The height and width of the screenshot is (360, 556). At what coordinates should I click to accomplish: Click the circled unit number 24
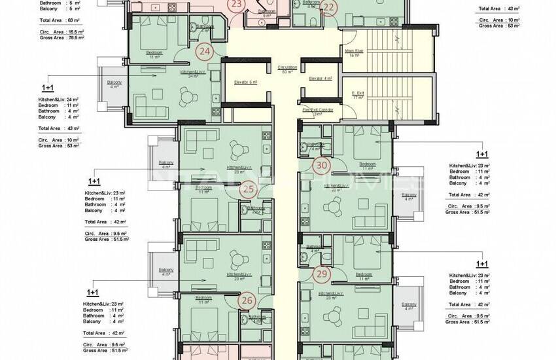pos(205,51)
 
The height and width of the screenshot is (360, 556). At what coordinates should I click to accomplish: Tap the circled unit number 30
pos(321,166)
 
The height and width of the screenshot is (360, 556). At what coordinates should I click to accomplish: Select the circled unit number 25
pos(248,190)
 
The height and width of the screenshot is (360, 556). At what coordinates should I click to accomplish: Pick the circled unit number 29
pos(321,274)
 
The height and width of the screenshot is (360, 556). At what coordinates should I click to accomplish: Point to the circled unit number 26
pos(247,301)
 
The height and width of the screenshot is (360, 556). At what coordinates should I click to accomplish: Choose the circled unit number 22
pos(329,8)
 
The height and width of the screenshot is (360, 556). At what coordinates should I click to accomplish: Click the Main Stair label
pos(355,54)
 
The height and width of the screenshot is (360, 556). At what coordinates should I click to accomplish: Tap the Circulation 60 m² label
pos(287,69)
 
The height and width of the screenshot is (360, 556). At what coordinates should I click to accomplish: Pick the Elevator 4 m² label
pos(321,79)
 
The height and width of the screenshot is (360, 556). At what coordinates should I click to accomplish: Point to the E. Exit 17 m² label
pos(357,95)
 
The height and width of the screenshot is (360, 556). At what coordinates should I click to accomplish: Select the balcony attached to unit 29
pos(409,306)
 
